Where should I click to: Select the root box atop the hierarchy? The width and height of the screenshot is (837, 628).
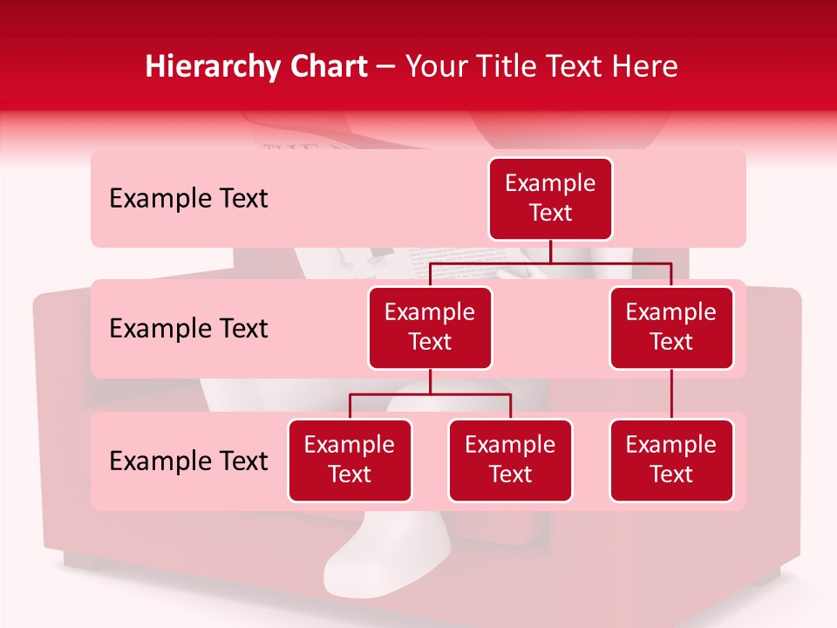[550, 199]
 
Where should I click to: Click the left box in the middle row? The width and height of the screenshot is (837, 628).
[430, 327]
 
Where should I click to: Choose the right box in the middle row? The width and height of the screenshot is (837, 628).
[671, 327]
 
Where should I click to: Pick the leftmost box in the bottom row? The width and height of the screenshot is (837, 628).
[350, 460]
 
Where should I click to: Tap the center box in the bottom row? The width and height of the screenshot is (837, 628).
[510, 460]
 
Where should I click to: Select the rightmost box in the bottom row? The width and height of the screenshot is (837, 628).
[671, 460]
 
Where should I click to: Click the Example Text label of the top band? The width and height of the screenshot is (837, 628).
[188, 199]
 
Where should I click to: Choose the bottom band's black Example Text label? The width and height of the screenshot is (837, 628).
[188, 461]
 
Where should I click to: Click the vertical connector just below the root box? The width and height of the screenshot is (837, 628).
[550, 251]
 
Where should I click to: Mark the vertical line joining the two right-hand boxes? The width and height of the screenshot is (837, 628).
[671, 394]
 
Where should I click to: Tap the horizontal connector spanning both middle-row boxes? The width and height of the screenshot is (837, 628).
[550, 263]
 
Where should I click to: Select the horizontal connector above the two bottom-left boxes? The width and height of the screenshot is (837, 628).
[430, 394]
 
